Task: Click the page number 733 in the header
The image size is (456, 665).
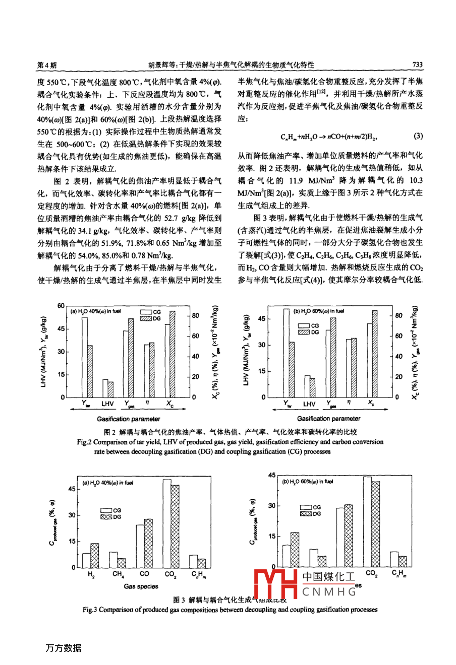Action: tap(417, 65)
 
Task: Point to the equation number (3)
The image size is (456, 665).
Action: tap(418, 136)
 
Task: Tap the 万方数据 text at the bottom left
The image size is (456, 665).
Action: tap(63, 648)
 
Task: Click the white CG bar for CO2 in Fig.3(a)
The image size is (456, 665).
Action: tap(167, 523)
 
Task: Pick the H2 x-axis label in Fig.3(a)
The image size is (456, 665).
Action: tap(91, 574)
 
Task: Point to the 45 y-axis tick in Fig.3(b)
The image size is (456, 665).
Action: tap(272, 475)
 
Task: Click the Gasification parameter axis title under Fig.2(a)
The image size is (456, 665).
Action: tap(129, 419)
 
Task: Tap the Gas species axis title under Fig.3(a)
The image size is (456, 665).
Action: tap(141, 586)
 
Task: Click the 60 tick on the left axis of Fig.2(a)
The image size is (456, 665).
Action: tap(61, 306)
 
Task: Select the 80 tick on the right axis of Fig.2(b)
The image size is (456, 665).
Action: tap(398, 316)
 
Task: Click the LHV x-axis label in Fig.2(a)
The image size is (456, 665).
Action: tap(107, 404)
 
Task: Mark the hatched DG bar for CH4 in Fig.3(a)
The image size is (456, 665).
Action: tap(122, 562)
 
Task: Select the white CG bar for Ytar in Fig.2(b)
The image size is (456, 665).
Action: tap(286, 353)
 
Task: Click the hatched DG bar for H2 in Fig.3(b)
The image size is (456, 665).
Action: tap(295, 549)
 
